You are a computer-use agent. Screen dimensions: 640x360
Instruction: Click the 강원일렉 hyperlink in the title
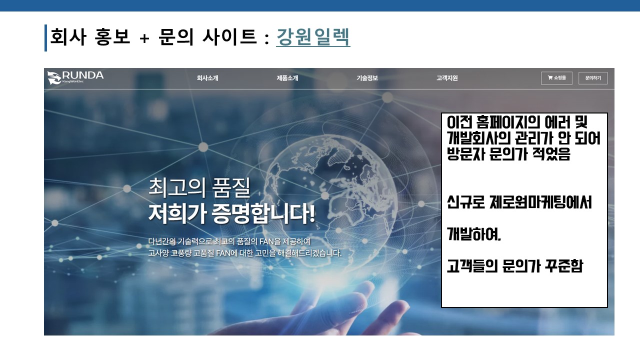[x=313, y=37]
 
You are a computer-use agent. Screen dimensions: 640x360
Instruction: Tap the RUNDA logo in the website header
[x=75, y=77]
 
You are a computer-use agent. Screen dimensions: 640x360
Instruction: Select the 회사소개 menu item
[x=207, y=78]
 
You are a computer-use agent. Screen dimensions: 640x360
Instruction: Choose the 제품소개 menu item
[x=287, y=78]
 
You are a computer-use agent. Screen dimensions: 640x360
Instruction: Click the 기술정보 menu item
[x=367, y=78]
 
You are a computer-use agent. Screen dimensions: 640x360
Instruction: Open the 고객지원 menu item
[x=447, y=78]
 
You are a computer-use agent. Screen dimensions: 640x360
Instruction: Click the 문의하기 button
[x=593, y=78]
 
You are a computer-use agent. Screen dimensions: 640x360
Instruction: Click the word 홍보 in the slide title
[x=112, y=37]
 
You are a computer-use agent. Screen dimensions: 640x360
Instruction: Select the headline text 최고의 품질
[x=199, y=187]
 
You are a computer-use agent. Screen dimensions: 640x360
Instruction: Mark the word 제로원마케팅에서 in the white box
[x=540, y=202]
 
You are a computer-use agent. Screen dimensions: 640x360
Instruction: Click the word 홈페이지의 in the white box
[x=508, y=122]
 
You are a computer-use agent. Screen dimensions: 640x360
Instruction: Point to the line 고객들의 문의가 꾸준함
[x=515, y=266]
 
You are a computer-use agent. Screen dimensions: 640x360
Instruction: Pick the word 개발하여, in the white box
[x=474, y=234]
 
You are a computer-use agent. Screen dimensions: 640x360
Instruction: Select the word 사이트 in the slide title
[x=230, y=37]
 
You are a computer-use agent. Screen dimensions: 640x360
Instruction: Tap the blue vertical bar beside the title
[x=45, y=38]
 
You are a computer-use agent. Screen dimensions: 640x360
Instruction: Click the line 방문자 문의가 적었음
[x=508, y=154]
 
